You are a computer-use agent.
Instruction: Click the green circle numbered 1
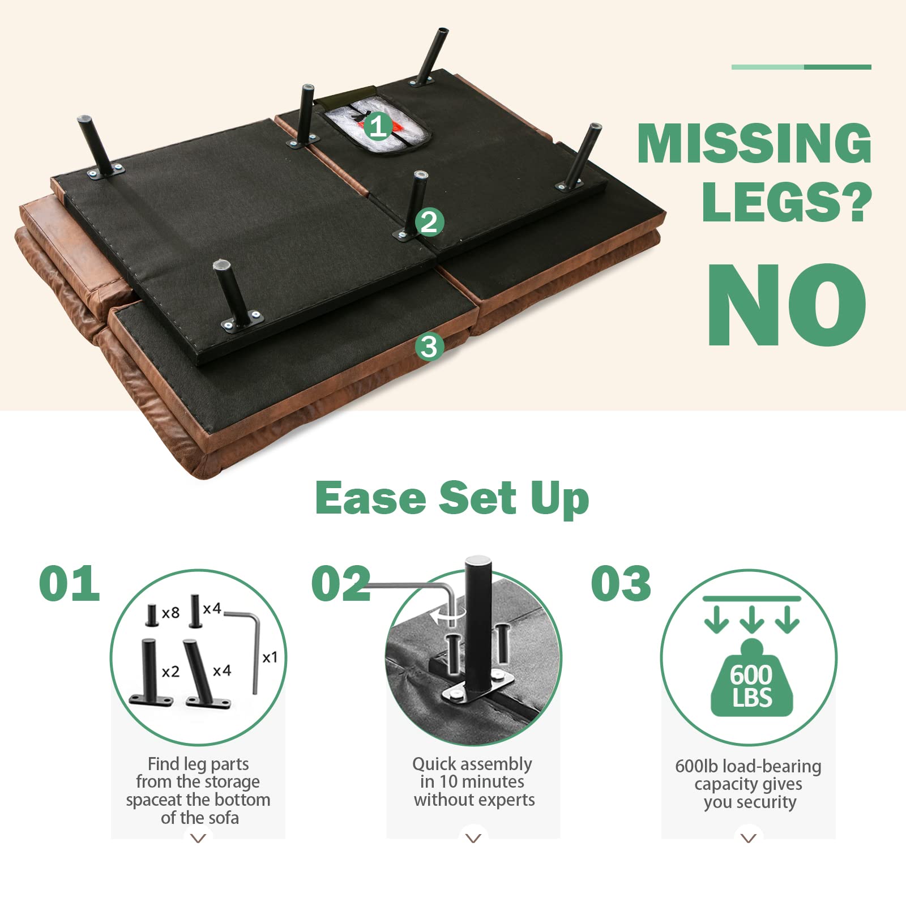coord(378,125)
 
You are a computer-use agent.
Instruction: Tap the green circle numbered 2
coord(429,221)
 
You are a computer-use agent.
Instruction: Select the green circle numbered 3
coord(429,346)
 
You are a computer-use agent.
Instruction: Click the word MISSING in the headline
coord(754,143)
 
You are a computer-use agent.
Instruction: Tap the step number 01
coord(70,583)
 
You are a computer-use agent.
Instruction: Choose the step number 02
coord(341,583)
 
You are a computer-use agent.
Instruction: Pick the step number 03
coord(621,583)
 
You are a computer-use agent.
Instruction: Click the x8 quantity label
coord(170,613)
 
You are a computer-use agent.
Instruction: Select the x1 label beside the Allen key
coord(270,657)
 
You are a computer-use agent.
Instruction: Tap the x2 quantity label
coord(170,672)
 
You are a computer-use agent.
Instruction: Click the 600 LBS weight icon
coord(751,678)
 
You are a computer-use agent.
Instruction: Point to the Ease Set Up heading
coord(452,498)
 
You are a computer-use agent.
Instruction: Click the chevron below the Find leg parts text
coord(198,838)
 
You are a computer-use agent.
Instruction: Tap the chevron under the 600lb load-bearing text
coord(749,838)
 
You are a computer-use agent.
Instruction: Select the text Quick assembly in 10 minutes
coord(472,773)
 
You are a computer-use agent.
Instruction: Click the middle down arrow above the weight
coord(751,619)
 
